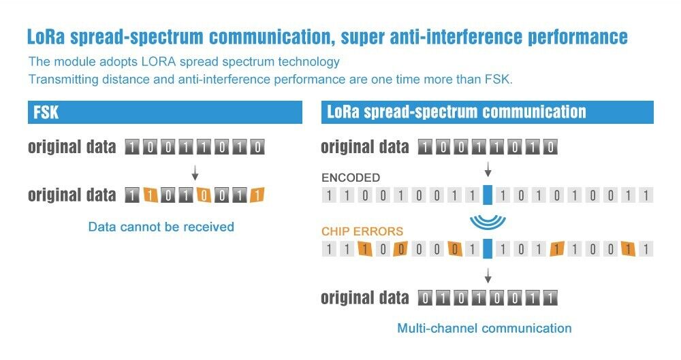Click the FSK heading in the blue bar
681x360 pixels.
[46, 112]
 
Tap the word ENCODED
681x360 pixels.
[351, 178]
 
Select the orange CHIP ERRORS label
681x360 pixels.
[362, 231]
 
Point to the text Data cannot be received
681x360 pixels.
[161, 227]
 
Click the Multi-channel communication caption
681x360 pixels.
[484, 328]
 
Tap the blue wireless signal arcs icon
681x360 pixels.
[488, 222]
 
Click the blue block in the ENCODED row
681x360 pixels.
[488, 195]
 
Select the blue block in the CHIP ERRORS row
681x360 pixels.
[488, 248]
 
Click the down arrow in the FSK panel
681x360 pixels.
[195, 172]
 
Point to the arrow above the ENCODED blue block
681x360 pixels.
[488, 169]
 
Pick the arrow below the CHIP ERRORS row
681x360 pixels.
[488, 276]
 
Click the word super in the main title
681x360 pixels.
[363, 37]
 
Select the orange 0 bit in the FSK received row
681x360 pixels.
[203, 195]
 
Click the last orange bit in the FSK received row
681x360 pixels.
[257, 195]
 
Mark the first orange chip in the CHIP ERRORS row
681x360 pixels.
[365, 249]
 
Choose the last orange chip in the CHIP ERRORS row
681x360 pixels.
[628, 249]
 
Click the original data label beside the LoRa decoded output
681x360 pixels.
[365, 298]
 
